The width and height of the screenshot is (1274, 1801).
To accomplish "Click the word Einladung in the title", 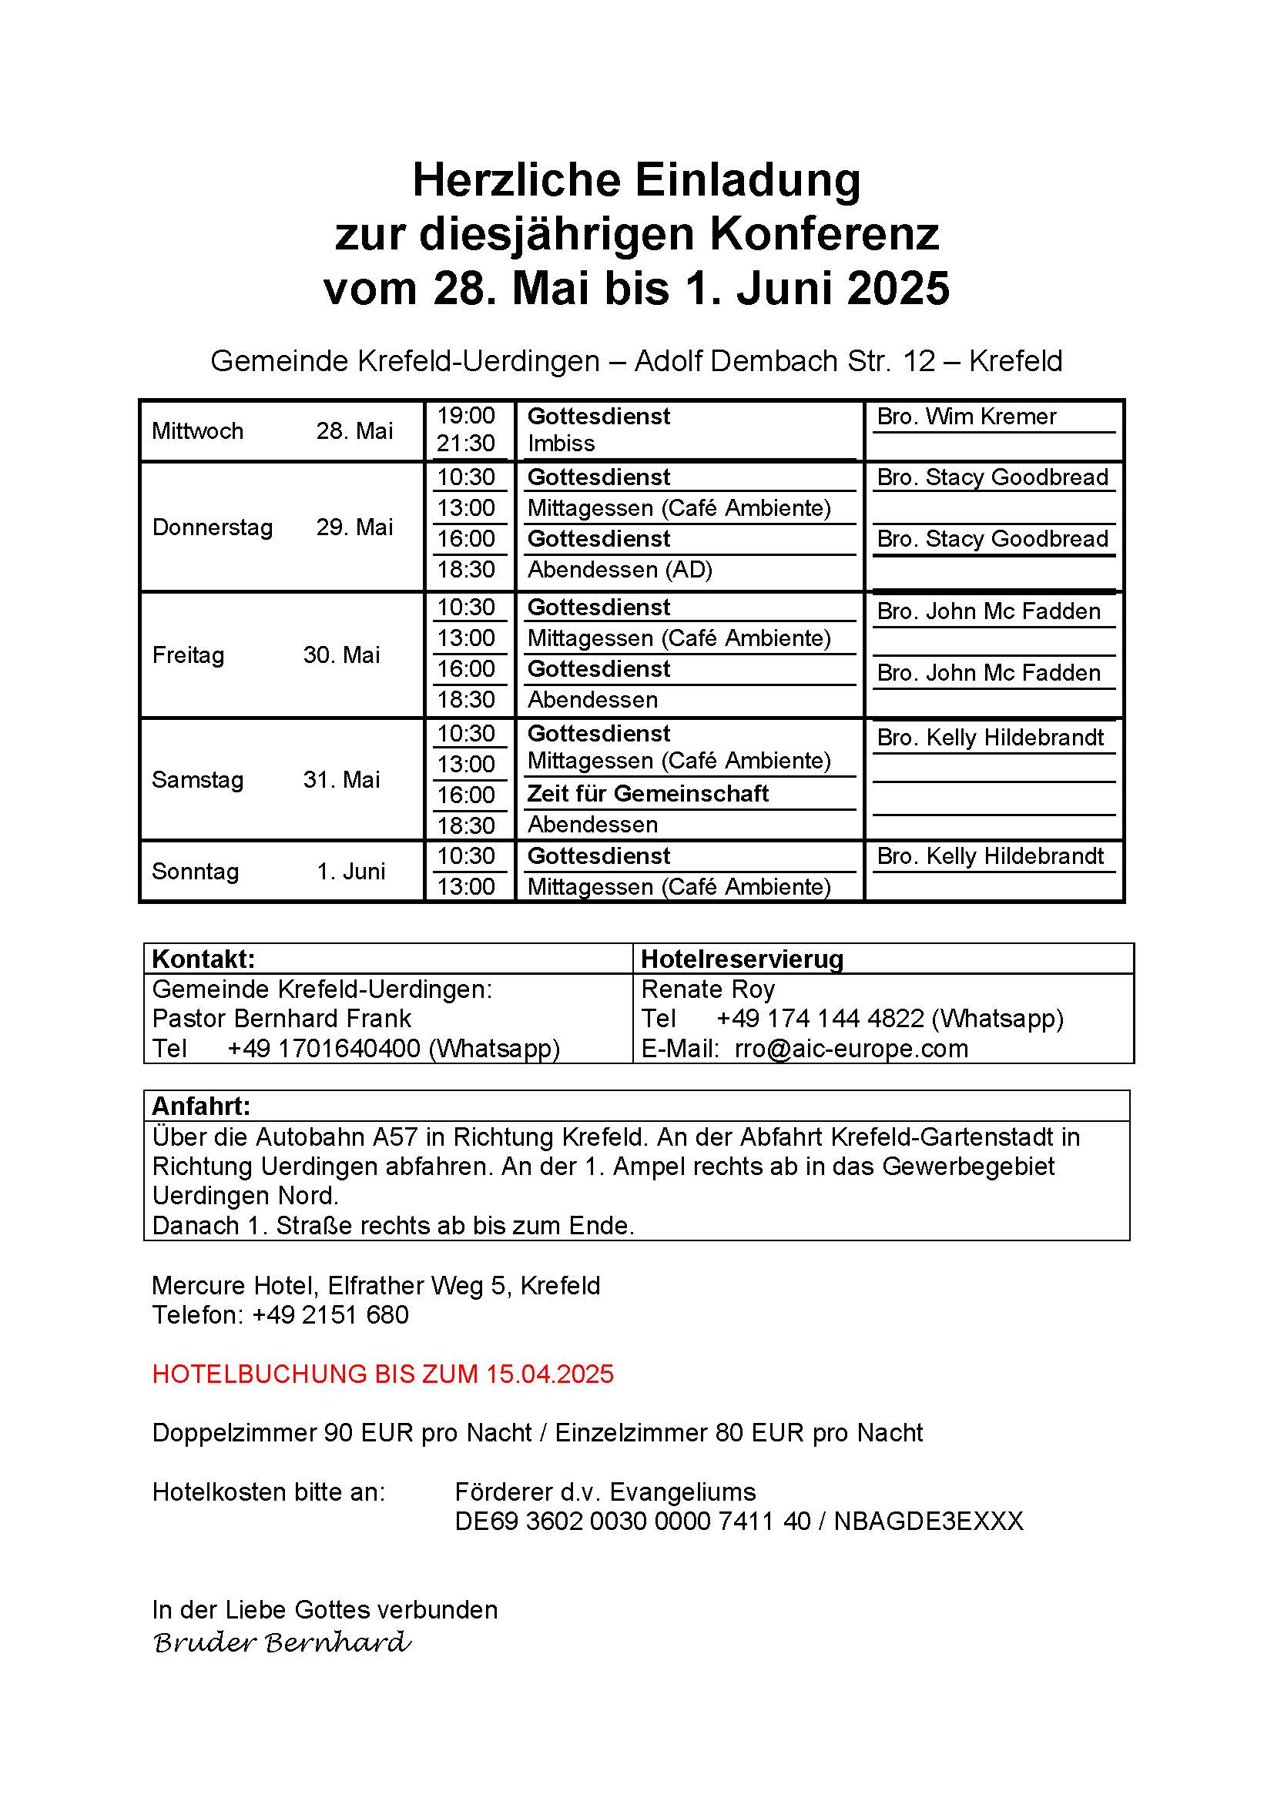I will click(x=747, y=180).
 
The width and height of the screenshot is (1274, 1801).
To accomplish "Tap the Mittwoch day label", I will click(x=198, y=430).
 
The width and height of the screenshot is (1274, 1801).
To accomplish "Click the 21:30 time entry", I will click(x=466, y=444).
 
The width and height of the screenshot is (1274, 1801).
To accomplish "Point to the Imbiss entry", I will click(x=561, y=444).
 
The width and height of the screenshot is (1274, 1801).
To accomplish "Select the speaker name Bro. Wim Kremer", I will click(x=967, y=417).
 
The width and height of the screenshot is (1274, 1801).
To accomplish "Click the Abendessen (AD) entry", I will click(x=620, y=570).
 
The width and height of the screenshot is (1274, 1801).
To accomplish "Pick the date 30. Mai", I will click(x=341, y=655).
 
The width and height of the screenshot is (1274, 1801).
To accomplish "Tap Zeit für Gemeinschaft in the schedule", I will click(x=648, y=794).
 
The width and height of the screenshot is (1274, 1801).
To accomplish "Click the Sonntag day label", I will click(x=196, y=872).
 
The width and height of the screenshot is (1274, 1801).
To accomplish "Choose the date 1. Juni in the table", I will click(x=350, y=872).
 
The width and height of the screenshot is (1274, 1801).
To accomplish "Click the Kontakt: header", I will click(x=203, y=959).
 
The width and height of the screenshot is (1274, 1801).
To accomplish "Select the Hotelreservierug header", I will click(x=742, y=959).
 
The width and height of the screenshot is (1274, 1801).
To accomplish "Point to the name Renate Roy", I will click(x=708, y=989).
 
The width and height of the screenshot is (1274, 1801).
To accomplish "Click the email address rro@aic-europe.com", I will click(x=851, y=1049).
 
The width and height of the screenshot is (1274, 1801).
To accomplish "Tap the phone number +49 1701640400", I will click(x=324, y=1049).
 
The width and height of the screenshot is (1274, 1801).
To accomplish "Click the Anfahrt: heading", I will click(x=201, y=1106).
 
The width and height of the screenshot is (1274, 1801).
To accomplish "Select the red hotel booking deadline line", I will click(x=383, y=1374).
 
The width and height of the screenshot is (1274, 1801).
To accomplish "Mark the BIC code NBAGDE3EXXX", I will click(x=928, y=1521).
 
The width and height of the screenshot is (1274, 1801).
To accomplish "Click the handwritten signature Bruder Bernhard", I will click(x=282, y=1642).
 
